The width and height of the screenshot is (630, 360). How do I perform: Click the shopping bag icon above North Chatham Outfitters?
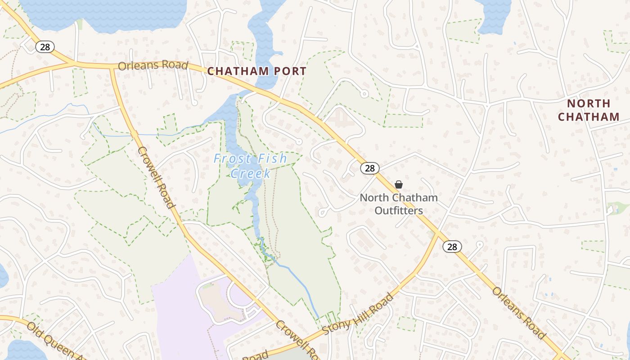(x=398, y=184)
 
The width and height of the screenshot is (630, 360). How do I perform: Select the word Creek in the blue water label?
(x=251, y=173)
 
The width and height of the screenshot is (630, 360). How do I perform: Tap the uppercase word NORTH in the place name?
(x=589, y=103)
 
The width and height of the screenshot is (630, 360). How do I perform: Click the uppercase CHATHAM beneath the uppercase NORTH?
(x=589, y=117)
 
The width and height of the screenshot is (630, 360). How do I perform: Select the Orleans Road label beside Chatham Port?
(x=153, y=66)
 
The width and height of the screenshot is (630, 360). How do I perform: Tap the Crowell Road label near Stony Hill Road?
(x=297, y=340)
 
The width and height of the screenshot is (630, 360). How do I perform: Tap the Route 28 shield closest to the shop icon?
(x=369, y=168)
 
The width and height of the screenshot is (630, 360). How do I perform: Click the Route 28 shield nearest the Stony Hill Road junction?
(x=452, y=247)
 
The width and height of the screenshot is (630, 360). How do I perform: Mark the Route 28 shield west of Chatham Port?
(x=45, y=46)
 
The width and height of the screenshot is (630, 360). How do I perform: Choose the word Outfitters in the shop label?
(x=399, y=211)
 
